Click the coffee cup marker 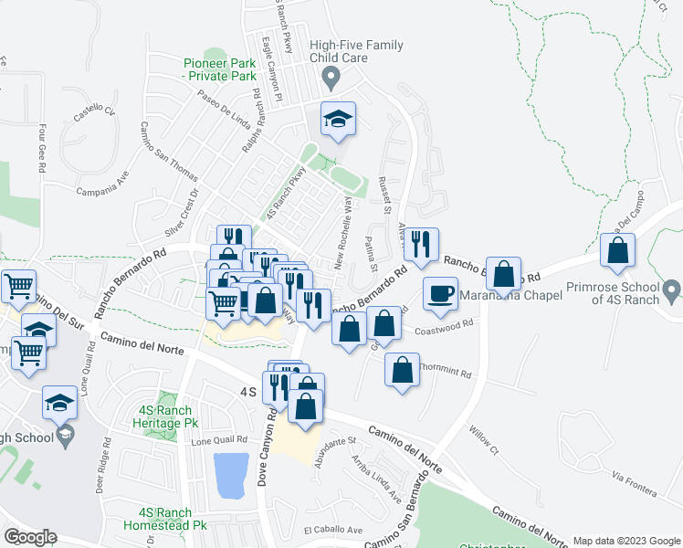[x=441, y=293]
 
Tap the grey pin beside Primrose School [x=671, y=292]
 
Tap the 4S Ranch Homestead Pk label [x=173, y=519]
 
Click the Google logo [x=29, y=537]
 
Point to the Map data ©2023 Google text [x=625, y=541]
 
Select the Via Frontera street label [x=635, y=484]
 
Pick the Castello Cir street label [x=95, y=114]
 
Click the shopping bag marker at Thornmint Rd [x=402, y=371]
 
